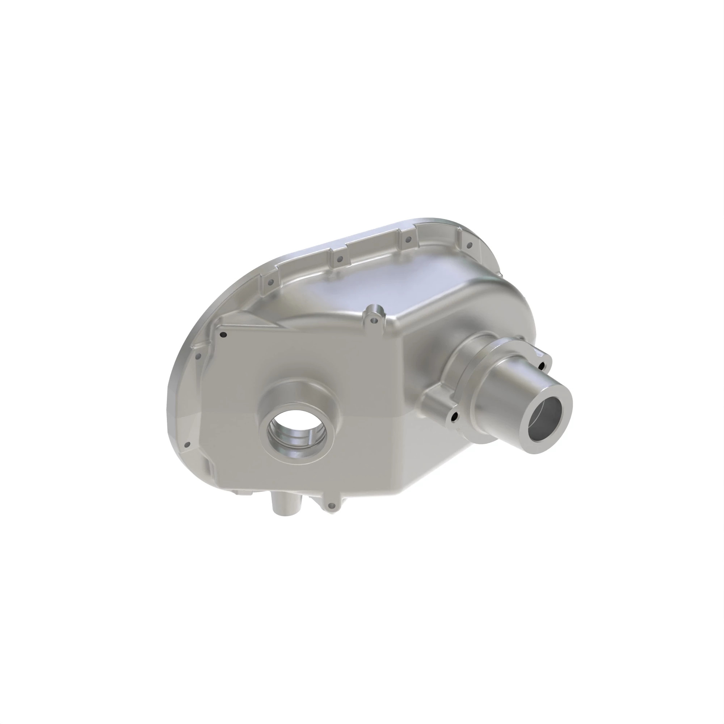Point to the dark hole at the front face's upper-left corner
coord(223,334)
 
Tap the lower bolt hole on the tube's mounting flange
coord(455,416)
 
